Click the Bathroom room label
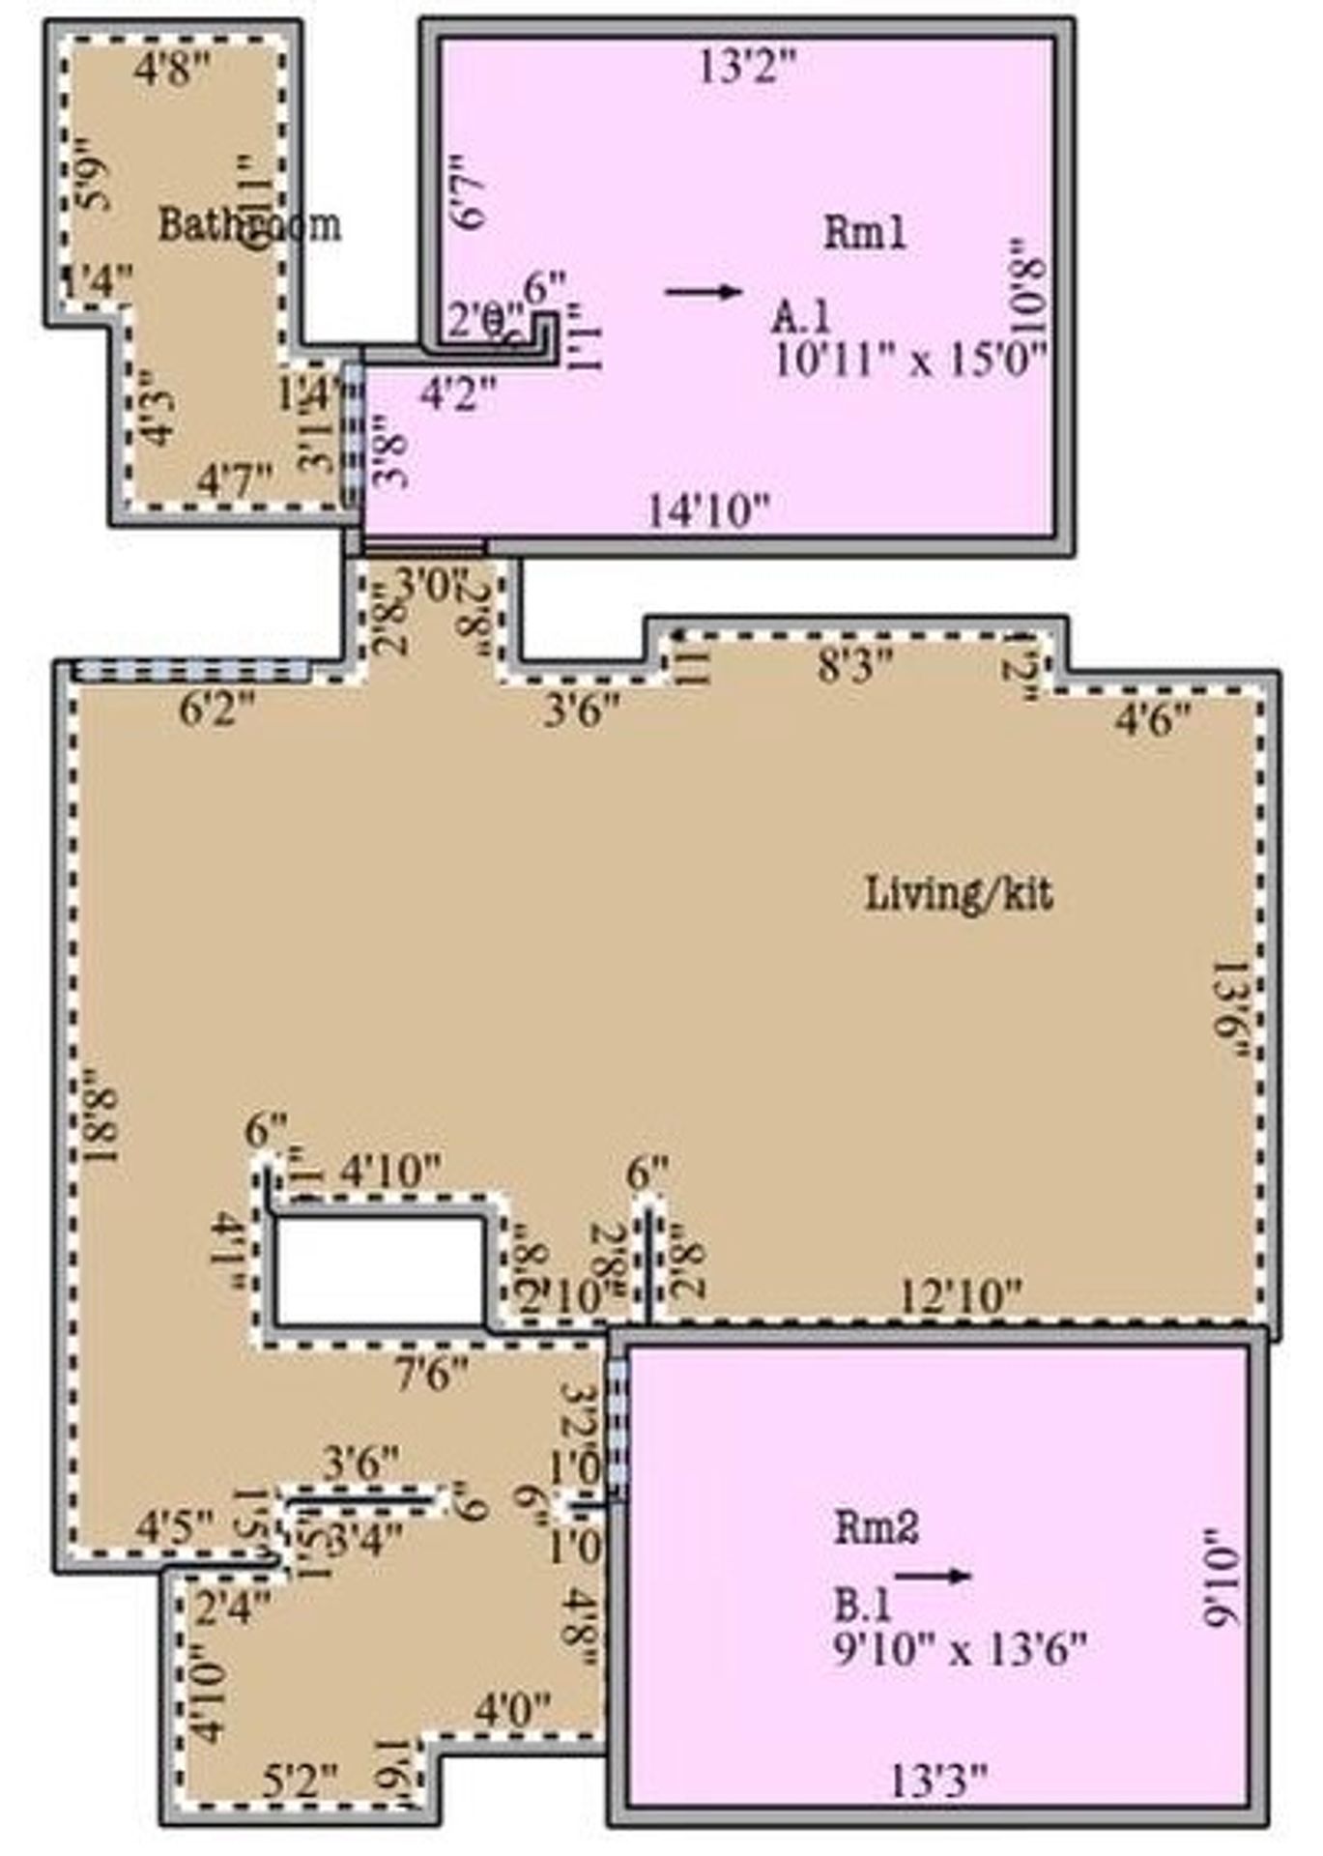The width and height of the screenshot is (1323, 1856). pyautogui.click(x=249, y=224)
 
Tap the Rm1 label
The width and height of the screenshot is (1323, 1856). pyautogui.click(x=864, y=233)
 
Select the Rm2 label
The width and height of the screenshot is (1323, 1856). pyautogui.click(x=876, y=1527)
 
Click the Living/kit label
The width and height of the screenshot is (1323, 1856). pyautogui.click(x=958, y=893)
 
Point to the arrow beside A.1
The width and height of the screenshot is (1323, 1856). pyautogui.click(x=704, y=292)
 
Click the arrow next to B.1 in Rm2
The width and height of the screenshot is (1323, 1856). pyautogui.click(x=933, y=1576)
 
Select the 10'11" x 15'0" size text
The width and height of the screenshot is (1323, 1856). pyautogui.click(x=910, y=360)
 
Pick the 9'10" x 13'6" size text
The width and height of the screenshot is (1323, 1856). pyautogui.click(x=960, y=1646)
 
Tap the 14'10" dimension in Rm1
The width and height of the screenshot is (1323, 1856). pyautogui.click(x=708, y=509)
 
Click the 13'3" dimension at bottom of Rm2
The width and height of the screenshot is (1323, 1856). pyautogui.click(x=937, y=1780)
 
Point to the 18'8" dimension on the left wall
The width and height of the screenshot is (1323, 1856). pyautogui.click(x=101, y=1116)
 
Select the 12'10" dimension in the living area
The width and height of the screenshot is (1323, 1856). pyautogui.click(x=960, y=1293)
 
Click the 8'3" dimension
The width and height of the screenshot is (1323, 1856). pyautogui.click(x=854, y=665)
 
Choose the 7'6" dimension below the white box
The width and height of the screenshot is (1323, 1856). pyautogui.click(x=432, y=1373)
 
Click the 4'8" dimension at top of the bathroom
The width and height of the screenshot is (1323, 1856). pyautogui.click(x=172, y=70)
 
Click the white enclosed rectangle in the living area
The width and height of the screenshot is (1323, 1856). pyautogui.click(x=379, y=1269)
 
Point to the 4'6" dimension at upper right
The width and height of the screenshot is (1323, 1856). pyautogui.click(x=1153, y=719)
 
